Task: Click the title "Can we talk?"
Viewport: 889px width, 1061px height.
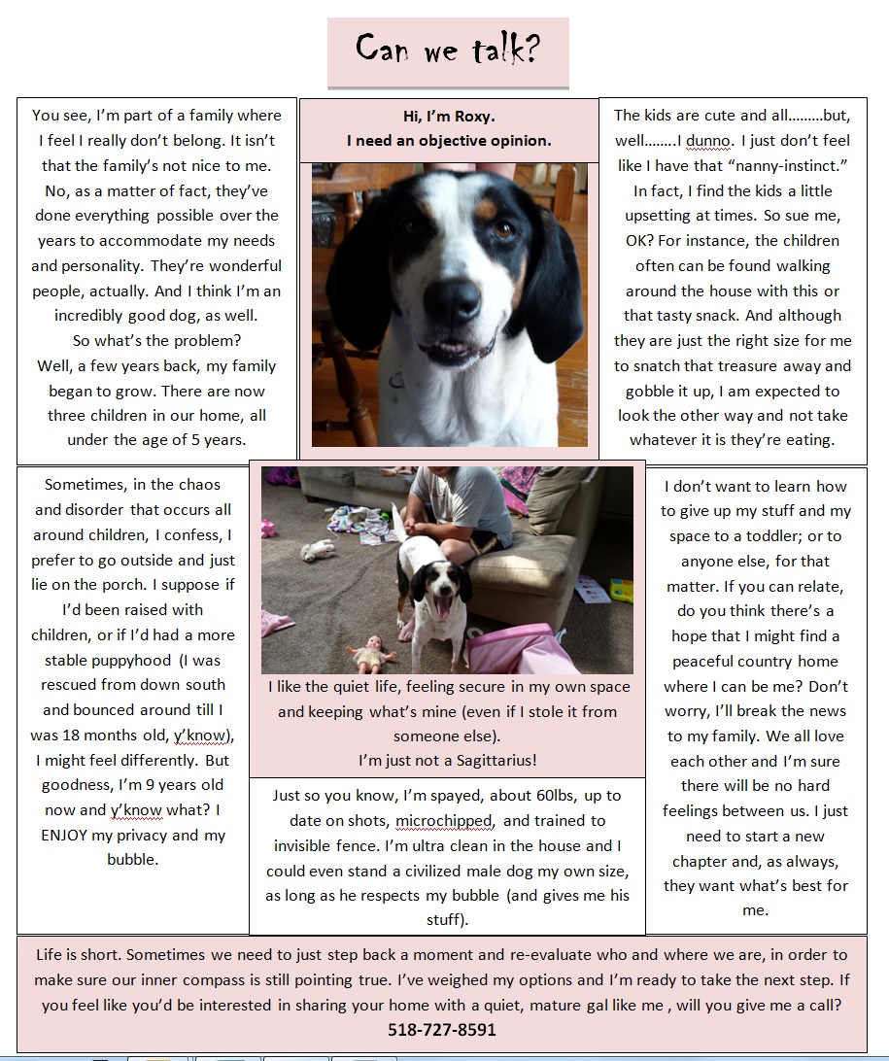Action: pyautogui.click(x=447, y=49)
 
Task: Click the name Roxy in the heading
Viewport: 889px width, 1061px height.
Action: pyautogui.click(x=473, y=116)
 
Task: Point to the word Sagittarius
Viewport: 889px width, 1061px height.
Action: pyautogui.click(x=489, y=761)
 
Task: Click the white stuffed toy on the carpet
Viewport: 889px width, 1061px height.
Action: pyautogui.click(x=319, y=550)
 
